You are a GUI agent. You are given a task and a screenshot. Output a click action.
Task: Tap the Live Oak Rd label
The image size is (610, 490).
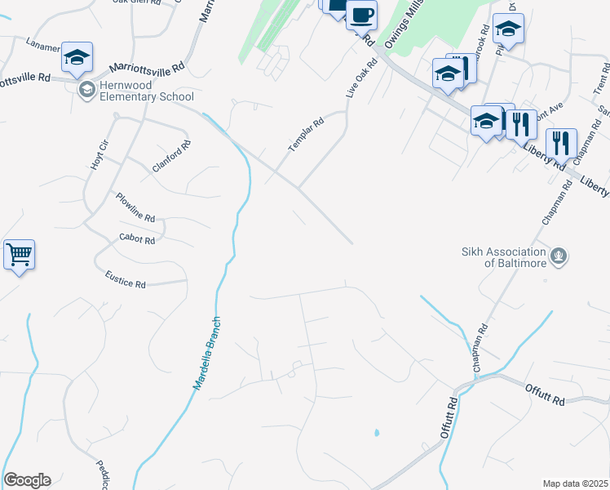point(360,78)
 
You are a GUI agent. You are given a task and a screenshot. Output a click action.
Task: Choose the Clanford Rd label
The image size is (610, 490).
point(171,156)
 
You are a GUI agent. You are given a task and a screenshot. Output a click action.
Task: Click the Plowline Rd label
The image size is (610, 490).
point(135,207)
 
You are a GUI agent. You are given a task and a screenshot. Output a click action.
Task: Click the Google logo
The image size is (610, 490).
point(27,480)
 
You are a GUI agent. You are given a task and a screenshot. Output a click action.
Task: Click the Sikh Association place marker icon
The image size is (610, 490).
point(559,257)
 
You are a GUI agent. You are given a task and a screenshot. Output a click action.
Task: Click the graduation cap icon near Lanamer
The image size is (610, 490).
point(77,56)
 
